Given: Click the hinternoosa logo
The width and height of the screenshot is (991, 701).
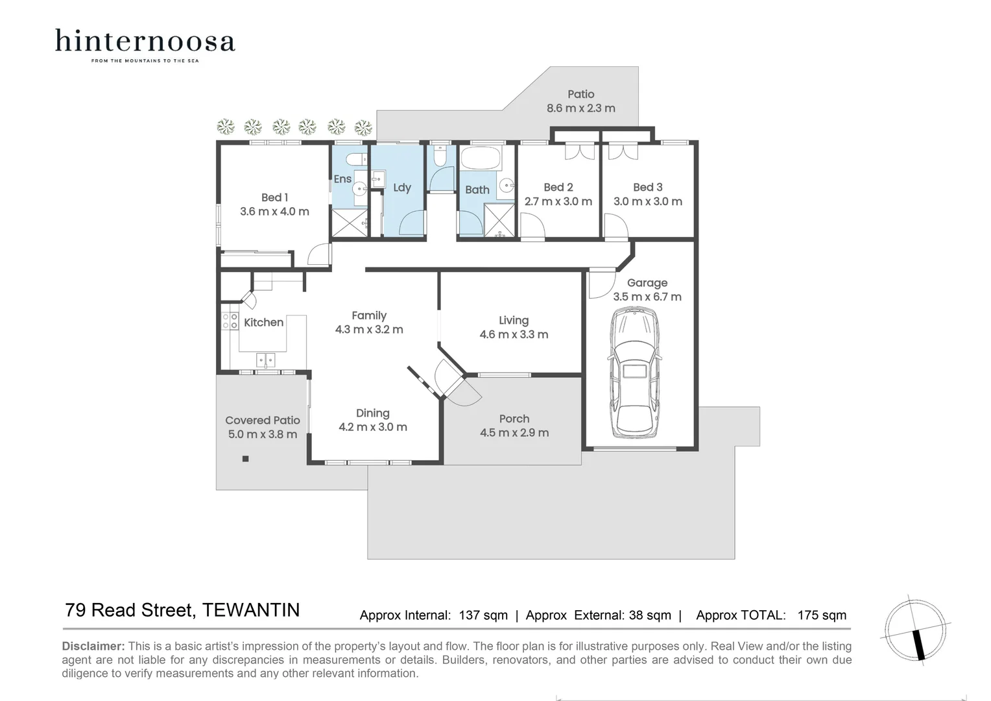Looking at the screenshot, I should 145,43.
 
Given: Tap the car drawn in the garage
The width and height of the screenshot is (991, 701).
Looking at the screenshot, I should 635,372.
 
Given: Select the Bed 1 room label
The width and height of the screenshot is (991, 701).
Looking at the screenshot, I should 274,197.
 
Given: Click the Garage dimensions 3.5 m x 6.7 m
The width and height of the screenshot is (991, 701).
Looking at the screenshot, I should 647,297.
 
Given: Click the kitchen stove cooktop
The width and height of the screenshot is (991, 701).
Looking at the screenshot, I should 230,321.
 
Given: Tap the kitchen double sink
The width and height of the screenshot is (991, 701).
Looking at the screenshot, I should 265,359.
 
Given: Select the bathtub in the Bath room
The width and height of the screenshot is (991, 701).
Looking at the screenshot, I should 480,158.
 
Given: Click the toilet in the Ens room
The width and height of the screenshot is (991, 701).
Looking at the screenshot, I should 355,160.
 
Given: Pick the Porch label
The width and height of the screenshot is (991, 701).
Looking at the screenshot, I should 514,419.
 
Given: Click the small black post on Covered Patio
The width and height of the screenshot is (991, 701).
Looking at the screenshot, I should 245,459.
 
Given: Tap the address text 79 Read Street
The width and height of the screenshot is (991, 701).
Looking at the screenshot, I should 130,610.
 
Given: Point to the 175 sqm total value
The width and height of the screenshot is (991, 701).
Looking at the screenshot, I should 822,615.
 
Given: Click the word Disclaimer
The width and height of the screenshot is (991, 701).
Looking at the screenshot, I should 93,646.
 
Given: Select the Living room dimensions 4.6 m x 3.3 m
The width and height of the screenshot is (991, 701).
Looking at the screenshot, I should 514,335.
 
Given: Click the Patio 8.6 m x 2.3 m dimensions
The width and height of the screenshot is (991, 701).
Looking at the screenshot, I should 580,108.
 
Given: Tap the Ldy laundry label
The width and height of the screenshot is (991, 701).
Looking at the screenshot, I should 402,188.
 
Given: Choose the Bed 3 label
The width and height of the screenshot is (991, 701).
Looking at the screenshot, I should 647,188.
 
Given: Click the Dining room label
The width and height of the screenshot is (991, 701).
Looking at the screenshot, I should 372,413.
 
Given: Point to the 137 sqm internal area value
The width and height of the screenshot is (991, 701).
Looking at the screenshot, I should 483,615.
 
